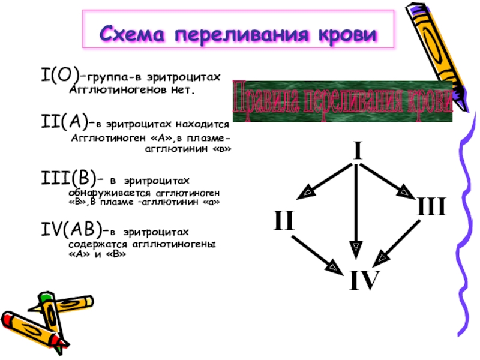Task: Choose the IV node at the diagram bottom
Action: coord(365,280)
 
